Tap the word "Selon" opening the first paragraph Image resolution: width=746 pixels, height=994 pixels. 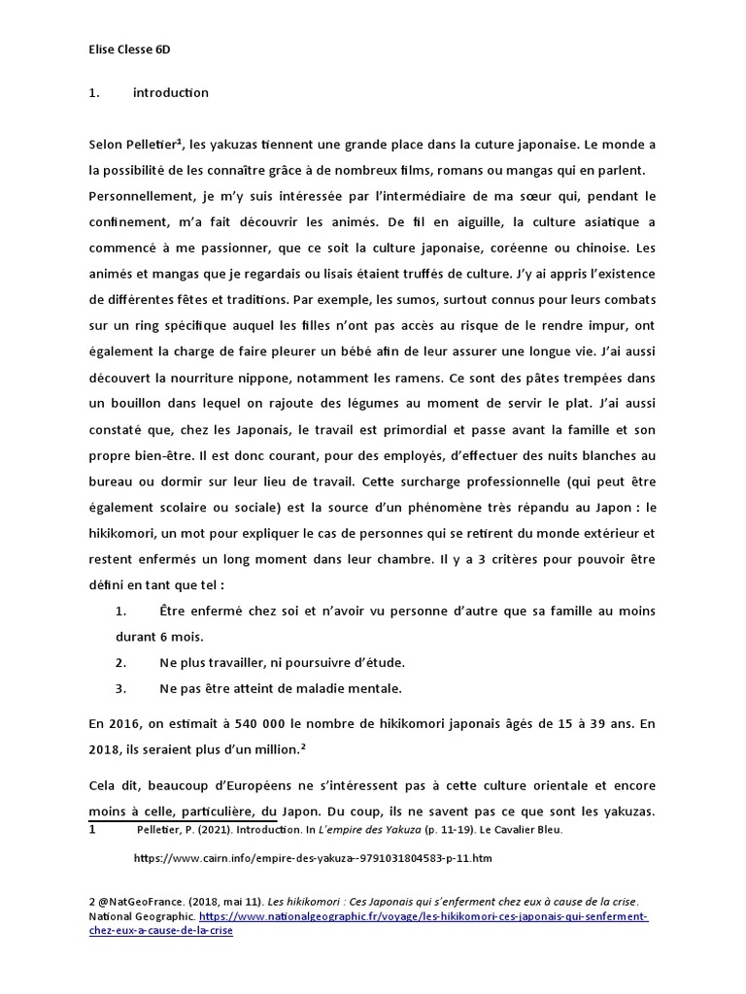click(x=107, y=145)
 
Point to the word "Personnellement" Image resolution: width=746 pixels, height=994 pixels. click(x=140, y=195)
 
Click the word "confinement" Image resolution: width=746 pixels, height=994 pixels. click(x=129, y=221)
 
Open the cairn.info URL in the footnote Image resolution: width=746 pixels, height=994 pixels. click(x=313, y=858)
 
